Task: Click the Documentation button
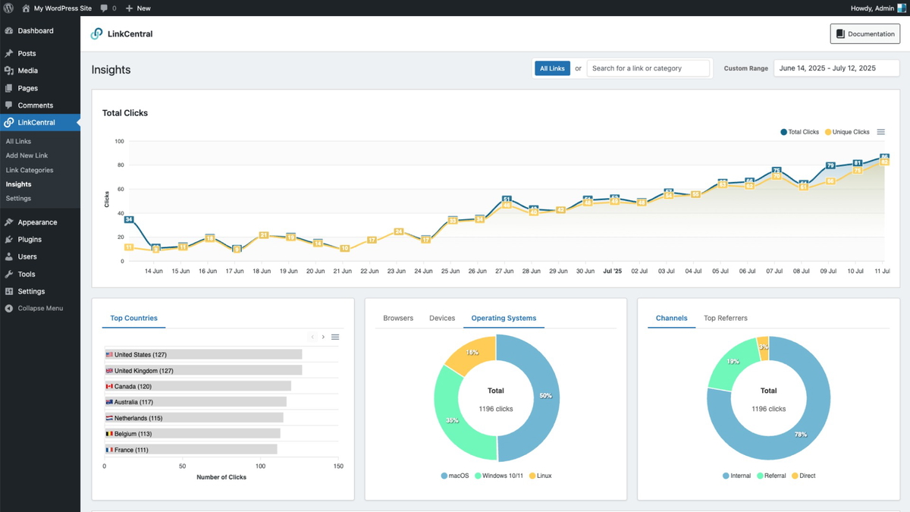point(865,34)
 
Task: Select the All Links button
point(552,68)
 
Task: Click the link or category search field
point(648,68)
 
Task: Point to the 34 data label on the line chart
point(129,220)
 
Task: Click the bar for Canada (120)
point(198,386)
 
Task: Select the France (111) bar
point(191,450)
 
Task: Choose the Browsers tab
point(398,318)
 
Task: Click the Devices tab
point(442,318)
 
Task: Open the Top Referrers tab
point(725,318)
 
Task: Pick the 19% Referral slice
point(732,365)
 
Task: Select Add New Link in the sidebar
point(27,155)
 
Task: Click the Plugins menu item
point(30,240)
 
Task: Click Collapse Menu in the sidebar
point(39,309)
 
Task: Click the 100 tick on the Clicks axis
point(119,141)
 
